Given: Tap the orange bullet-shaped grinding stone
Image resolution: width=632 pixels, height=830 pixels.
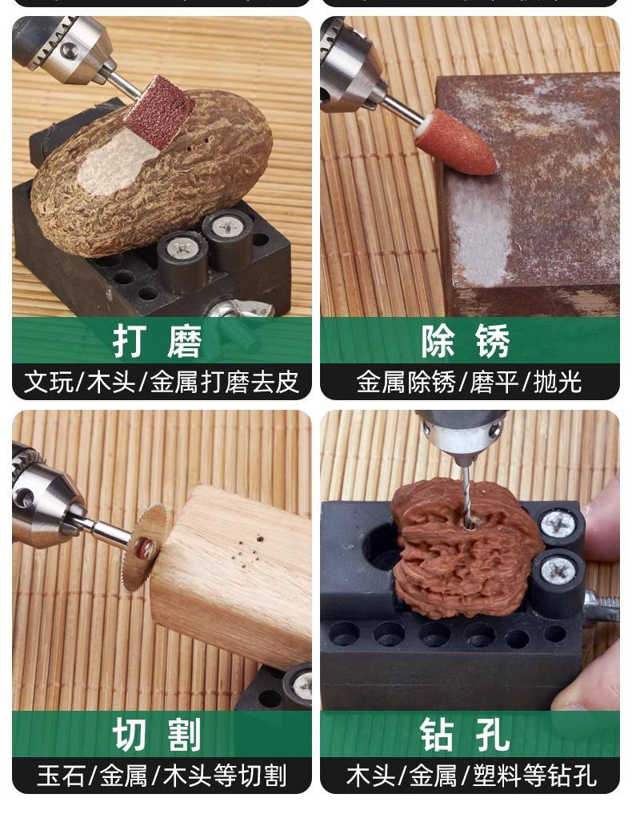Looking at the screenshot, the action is [x=455, y=142].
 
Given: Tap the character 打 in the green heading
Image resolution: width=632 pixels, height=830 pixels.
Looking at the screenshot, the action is [x=130, y=342].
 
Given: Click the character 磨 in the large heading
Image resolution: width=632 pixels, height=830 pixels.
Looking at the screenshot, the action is [x=184, y=342].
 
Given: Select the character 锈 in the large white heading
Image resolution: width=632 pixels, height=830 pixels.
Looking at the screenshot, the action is [x=493, y=342].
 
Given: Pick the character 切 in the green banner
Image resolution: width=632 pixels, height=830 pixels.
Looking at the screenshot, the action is [x=130, y=735].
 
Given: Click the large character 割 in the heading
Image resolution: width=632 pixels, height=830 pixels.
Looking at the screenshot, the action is [x=184, y=735].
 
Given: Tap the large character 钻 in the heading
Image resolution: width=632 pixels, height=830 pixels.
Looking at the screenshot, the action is [x=438, y=735].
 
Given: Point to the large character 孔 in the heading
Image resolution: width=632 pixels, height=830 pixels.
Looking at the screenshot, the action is [x=493, y=735].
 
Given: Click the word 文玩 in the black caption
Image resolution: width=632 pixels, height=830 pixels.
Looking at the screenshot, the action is [x=49, y=382].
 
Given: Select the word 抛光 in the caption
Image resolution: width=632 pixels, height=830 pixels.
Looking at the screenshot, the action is [x=558, y=382].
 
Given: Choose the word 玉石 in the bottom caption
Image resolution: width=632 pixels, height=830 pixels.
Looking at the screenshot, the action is [x=61, y=776].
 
